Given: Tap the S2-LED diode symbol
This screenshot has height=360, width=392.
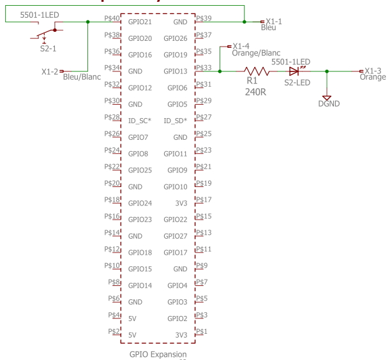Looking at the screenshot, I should pos(294,71).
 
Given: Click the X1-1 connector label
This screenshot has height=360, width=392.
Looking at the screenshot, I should pos(274,21).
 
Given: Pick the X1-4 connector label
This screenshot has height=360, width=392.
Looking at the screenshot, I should pos(241,46).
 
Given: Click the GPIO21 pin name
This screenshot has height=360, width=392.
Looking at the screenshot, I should pos(139,22).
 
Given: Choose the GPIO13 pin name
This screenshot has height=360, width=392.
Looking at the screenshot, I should pos(176,71).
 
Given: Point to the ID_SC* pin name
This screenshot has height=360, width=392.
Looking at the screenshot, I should pos(139,120).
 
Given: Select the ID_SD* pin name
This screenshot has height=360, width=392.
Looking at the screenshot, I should pos(176,120).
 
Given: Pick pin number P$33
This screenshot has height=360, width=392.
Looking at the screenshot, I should pos(204,67).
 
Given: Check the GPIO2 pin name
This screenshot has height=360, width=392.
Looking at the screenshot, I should pos(177,318).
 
